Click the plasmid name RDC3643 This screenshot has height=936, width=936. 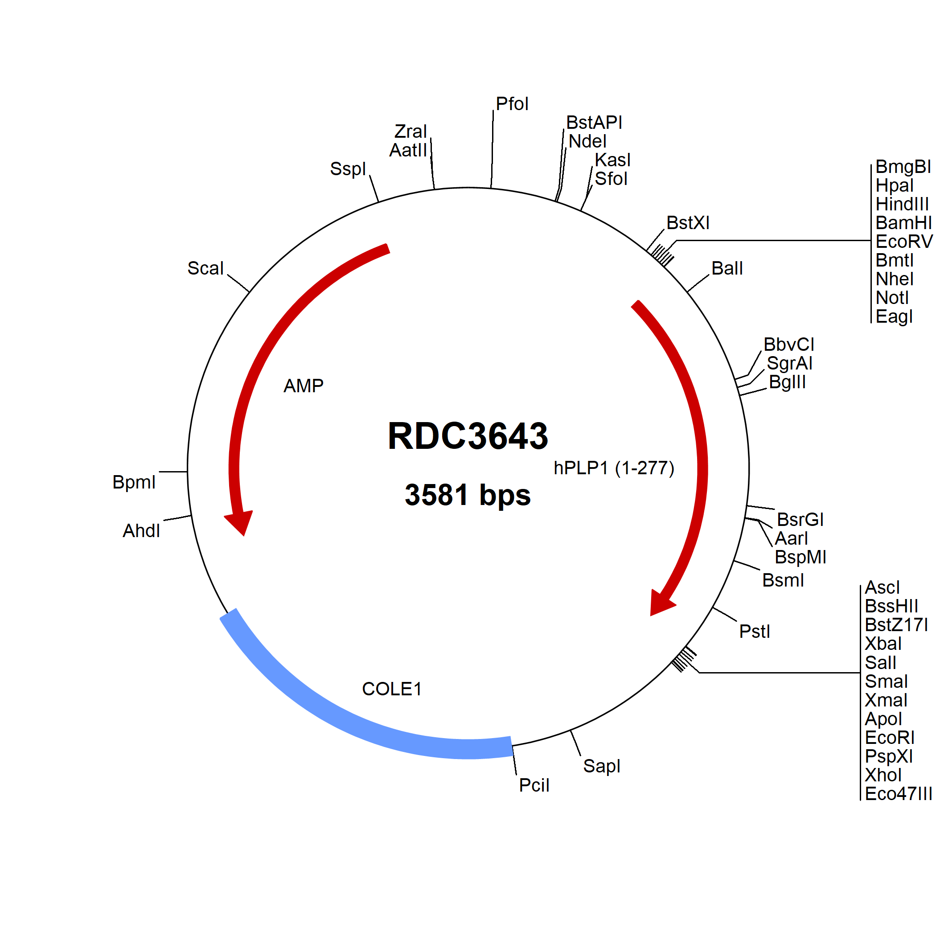pyautogui.click(x=468, y=435)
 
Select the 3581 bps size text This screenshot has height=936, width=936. pyautogui.click(x=468, y=495)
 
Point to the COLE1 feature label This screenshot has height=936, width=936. pyautogui.click(x=392, y=689)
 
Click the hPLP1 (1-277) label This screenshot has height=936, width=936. pyautogui.click(x=614, y=468)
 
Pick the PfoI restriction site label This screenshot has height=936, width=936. pyautogui.click(x=512, y=104)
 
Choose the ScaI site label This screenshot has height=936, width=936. pyautogui.click(x=205, y=268)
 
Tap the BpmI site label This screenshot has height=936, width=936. pyautogui.click(x=134, y=482)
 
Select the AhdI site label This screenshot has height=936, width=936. pyautogui.click(x=141, y=530)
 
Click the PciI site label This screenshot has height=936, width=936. pyautogui.click(x=534, y=785)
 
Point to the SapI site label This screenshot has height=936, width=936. pyautogui.click(x=601, y=766)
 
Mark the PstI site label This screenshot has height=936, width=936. pyautogui.click(x=754, y=631)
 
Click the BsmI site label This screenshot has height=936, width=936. pyautogui.click(x=783, y=580)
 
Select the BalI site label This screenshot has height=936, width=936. pyautogui.click(x=727, y=268)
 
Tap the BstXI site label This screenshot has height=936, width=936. pyautogui.click(x=688, y=222)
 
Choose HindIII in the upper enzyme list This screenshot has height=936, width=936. pyautogui.click(x=902, y=204)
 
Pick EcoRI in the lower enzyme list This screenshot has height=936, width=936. pyautogui.click(x=890, y=737)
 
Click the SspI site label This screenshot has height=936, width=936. pyautogui.click(x=348, y=168)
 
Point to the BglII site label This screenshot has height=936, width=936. pyautogui.click(x=787, y=382)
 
